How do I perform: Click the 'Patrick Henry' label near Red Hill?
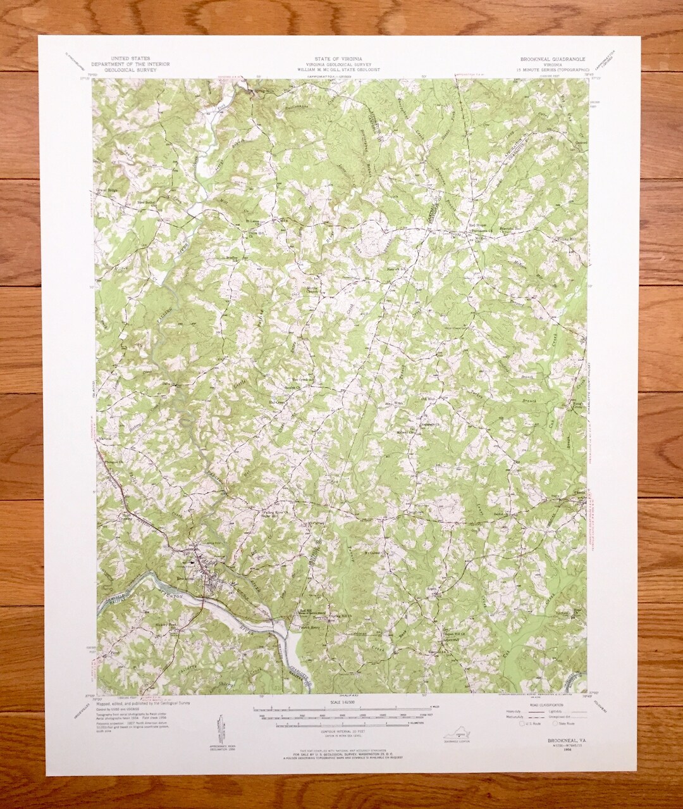(309, 627)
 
